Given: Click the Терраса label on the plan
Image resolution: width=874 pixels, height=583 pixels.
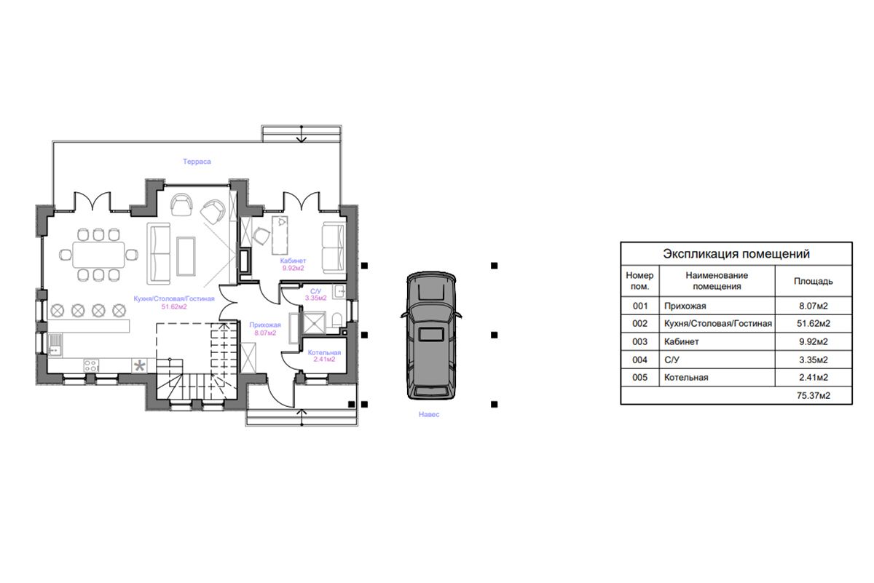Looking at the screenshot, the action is coord(197,162).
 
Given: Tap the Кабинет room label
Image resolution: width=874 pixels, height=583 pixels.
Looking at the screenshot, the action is coord(293,261).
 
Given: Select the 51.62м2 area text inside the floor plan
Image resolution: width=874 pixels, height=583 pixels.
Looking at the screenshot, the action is coord(174,307).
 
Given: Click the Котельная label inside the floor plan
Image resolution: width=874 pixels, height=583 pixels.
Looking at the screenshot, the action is coord(324,352).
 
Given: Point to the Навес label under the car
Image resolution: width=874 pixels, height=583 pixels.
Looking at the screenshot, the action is coord(429,415).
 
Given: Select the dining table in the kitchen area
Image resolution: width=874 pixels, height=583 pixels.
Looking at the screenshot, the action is coord(98,255).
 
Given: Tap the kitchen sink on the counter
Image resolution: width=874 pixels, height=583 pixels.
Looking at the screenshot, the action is coord(55,344).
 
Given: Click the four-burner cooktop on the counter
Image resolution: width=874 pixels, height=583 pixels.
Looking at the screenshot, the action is coord(91,366).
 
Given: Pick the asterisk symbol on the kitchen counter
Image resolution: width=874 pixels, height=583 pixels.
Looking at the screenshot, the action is coord(139,366).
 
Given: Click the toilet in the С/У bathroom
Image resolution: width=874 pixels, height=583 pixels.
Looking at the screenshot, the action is coord(336,320).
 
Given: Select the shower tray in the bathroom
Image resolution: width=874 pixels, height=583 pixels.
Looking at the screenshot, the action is coord(314,322).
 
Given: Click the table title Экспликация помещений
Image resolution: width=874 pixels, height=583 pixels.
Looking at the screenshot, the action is coord(736,254).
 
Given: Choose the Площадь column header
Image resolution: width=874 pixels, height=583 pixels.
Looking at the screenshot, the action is coord(813,281).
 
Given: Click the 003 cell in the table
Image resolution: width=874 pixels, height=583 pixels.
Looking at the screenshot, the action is coord(639,341).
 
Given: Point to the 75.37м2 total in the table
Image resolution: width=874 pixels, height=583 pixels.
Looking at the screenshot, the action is coord(813,395).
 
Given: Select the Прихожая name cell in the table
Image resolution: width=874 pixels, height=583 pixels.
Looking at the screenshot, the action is coord(685,306).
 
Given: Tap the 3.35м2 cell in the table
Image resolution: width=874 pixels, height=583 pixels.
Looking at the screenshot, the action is coord(813,360).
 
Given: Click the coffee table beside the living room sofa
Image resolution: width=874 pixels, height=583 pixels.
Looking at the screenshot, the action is coord(186,256).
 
